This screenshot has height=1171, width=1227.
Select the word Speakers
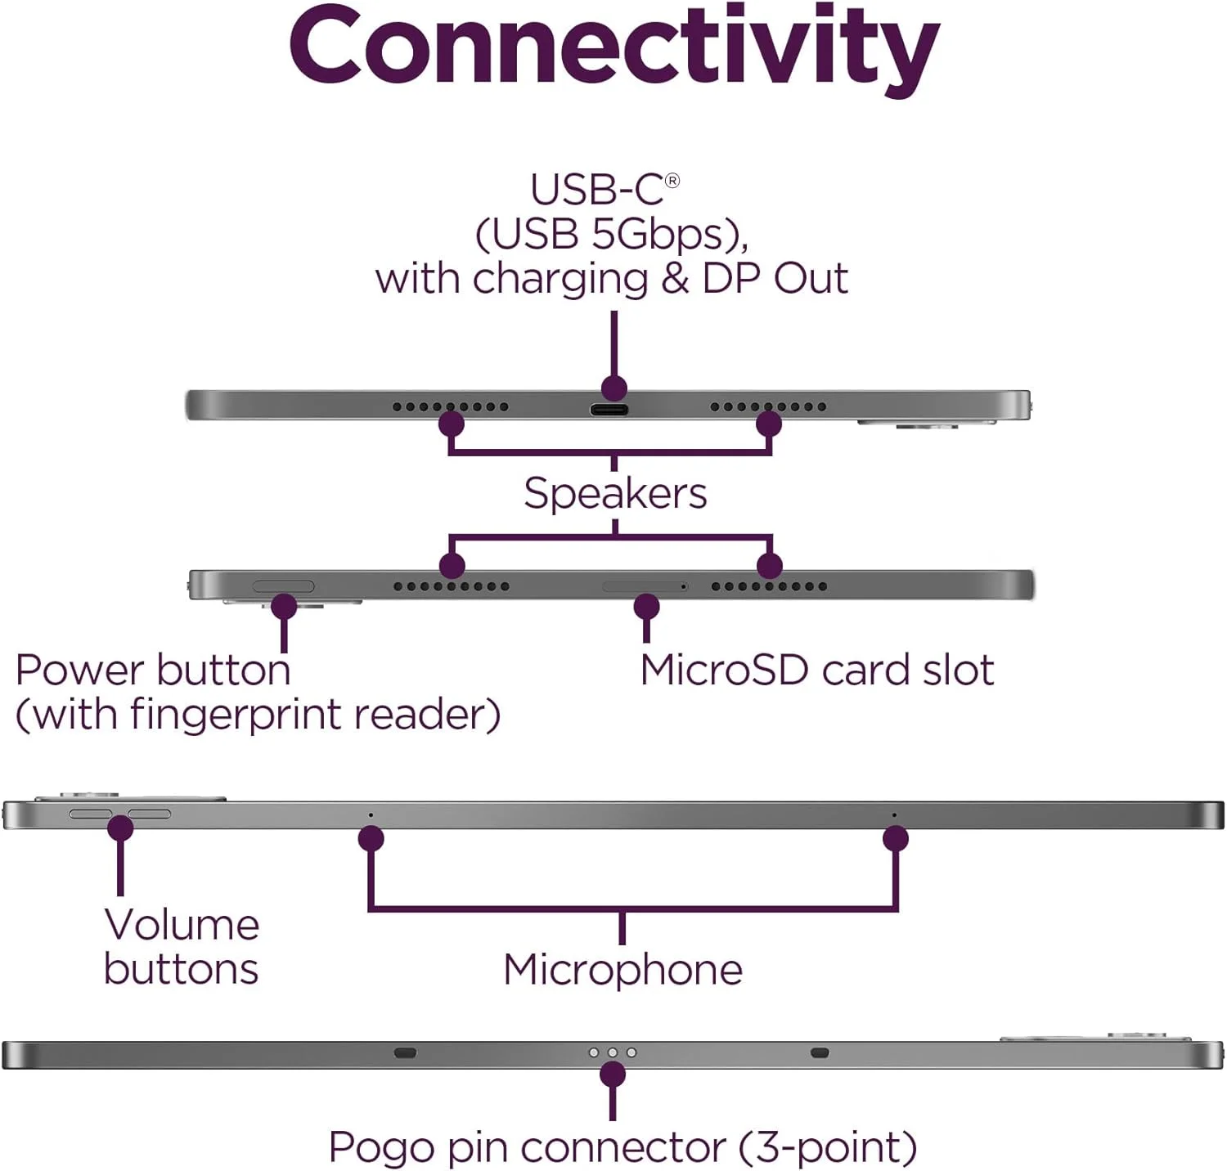pyautogui.click(x=615, y=494)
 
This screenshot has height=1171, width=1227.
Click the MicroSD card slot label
pyautogui.click(x=816, y=671)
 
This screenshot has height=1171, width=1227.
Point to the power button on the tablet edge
pyautogui.click(x=283, y=586)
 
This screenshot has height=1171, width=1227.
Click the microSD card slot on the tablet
pyautogui.click(x=644, y=586)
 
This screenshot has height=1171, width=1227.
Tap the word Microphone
pyautogui.click(x=622, y=970)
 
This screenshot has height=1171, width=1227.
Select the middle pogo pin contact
pyautogui.click(x=613, y=1052)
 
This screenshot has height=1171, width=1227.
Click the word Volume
pyautogui.click(x=182, y=925)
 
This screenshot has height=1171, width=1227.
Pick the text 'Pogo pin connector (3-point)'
pyautogui.click(x=622, y=1147)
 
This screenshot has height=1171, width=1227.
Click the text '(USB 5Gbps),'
pyautogui.click(x=612, y=234)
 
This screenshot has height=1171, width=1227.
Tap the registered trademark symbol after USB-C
pyautogui.click(x=672, y=181)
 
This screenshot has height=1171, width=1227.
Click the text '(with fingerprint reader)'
pyautogui.click(x=258, y=715)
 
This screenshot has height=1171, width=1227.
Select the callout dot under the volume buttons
pyautogui.click(x=120, y=828)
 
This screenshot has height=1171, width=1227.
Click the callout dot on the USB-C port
pyautogui.click(x=613, y=388)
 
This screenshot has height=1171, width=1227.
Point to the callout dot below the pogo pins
pyautogui.click(x=613, y=1075)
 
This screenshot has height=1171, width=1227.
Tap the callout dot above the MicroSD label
pyautogui.click(x=646, y=607)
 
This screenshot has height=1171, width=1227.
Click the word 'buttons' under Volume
pyautogui.click(x=181, y=970)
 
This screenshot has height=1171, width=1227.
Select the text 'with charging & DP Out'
pyautogui.click(x=611, y=279)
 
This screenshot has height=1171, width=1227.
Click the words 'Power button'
pyautogui.click(x=153, y=671)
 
